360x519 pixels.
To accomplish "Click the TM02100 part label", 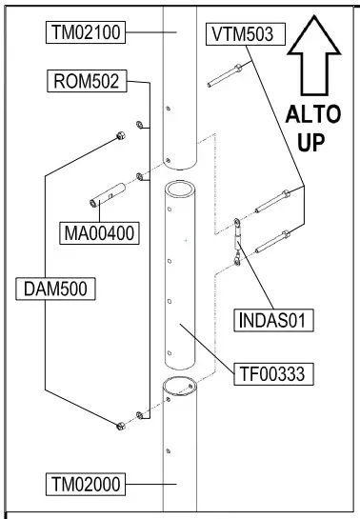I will [84, 33].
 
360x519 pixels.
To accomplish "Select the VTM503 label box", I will [242, 33].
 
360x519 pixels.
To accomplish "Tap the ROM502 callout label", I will [86, 82].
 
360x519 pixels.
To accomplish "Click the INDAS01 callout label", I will [273, 319].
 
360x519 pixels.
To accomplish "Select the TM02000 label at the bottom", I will [84, 484].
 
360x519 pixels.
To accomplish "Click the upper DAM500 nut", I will [118, 137].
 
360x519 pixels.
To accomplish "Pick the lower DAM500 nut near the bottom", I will [118, 425].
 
